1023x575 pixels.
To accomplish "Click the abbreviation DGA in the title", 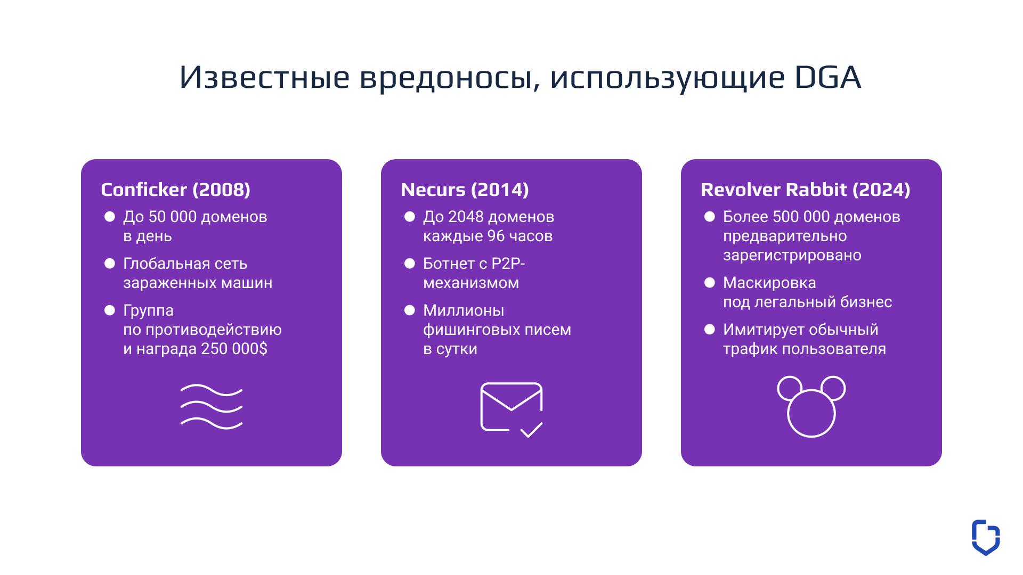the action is (827, 77).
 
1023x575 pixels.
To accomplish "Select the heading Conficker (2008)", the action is (175, 190).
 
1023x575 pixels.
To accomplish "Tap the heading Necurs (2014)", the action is (465, 190).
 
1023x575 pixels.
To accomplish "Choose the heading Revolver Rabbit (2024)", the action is (805, 190).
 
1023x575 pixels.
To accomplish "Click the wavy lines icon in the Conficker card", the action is (212, 406).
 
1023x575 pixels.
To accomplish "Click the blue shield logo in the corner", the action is (986, 537).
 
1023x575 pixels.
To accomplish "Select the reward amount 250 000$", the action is (234, 349).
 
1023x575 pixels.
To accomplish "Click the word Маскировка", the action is (769, 283).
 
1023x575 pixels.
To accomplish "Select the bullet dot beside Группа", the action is (110, 310).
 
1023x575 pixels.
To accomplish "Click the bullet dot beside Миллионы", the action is (410, 310).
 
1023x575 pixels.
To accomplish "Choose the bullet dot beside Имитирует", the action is (710, 330).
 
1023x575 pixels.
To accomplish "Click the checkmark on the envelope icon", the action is (531, 430).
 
